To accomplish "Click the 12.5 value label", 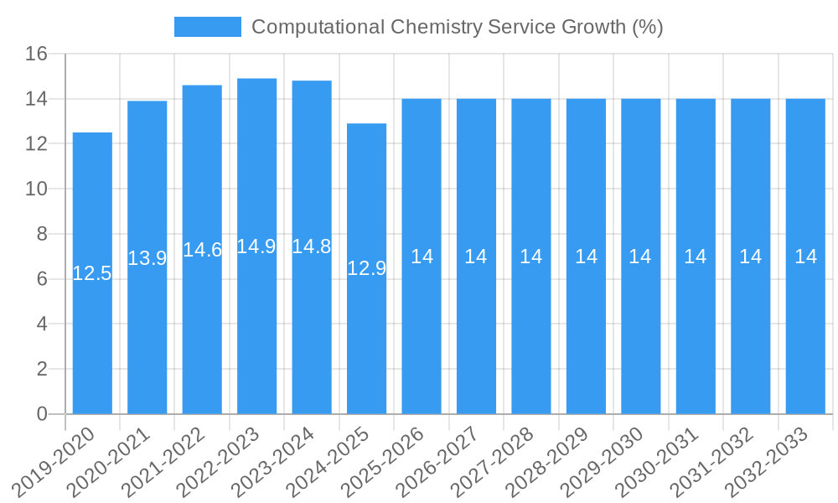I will (92, 273).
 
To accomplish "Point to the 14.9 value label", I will (256, 246).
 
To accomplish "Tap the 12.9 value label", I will (367, 268).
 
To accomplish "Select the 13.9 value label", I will (147, 258).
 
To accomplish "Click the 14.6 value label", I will (202, 250).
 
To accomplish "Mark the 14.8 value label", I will (312, 246).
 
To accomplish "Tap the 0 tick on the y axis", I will (42, 414).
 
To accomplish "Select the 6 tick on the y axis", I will (42, 279).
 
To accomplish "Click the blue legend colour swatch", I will (207, 27).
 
